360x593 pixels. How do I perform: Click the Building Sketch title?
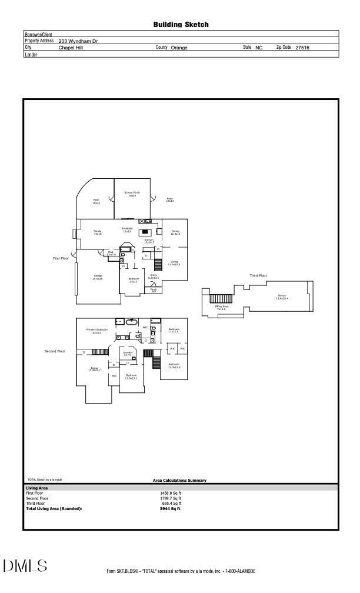[x=181, y=25]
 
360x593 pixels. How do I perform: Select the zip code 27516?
[x=302, y=48]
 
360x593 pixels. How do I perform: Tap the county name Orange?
[x=179, y=48]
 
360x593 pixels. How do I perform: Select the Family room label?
[x=98, y=232]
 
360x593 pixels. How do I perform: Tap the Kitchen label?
[x=149, y=241]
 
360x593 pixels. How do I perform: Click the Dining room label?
[x=175, y=232]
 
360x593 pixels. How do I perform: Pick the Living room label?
[x=174, y=263]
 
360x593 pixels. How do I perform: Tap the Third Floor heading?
[x=258, y=275]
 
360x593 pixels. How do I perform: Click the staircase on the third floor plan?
[x=221, y=299]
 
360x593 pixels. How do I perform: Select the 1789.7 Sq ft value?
[x=171, y=498]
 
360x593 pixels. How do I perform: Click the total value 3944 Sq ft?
[x=171, y=509]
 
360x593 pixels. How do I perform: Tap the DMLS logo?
[x=25, y=566]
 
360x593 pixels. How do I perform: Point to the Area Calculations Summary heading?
[x=179, y=481]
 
